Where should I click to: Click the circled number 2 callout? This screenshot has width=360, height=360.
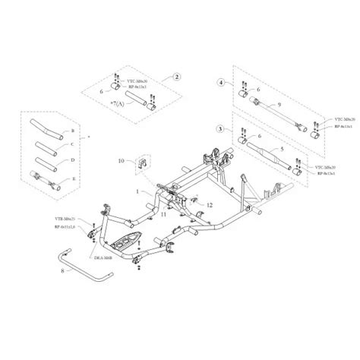[x=176, y=77]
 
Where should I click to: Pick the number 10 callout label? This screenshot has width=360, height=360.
[x=119, y=161]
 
